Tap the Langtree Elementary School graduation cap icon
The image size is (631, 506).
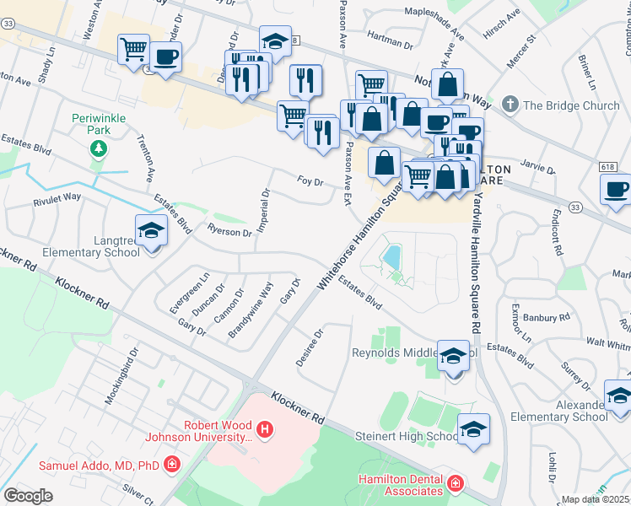(150, 230)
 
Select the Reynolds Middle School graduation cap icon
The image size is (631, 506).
(453, 357)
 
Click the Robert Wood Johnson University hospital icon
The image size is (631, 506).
(265, 431)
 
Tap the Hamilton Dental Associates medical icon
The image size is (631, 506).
(456, 483)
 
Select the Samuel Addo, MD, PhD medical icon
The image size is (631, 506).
(172, 464)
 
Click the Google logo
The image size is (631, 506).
(28, 496)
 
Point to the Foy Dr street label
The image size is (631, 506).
(310, 180)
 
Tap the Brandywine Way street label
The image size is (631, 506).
(251, 311)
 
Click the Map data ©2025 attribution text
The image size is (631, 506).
(596, 499)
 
